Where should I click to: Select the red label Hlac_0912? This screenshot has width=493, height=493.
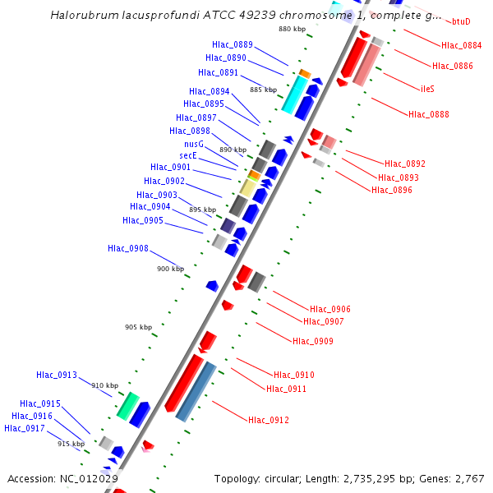[269, 420]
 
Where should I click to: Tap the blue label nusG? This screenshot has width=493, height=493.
[194, 144]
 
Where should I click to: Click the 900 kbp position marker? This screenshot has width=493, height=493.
[171, 269]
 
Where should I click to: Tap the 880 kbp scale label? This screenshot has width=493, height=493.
[292, 29]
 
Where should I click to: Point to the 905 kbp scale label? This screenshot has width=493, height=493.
[138, 327]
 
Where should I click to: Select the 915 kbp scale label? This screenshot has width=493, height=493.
[71, 444]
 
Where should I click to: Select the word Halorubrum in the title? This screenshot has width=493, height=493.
[83, 16]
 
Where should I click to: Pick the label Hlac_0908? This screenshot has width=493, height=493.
[128, 248]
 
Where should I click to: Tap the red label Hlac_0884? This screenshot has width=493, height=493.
[461, 45]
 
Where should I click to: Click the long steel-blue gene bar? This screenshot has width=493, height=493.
[196, 391]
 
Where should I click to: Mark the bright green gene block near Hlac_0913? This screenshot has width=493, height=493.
[127, 404]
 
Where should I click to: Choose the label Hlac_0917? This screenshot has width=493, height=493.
[25, 428]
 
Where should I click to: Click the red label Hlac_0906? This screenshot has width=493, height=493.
[329, 309]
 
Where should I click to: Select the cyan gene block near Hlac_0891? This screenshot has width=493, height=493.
[294, 94]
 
